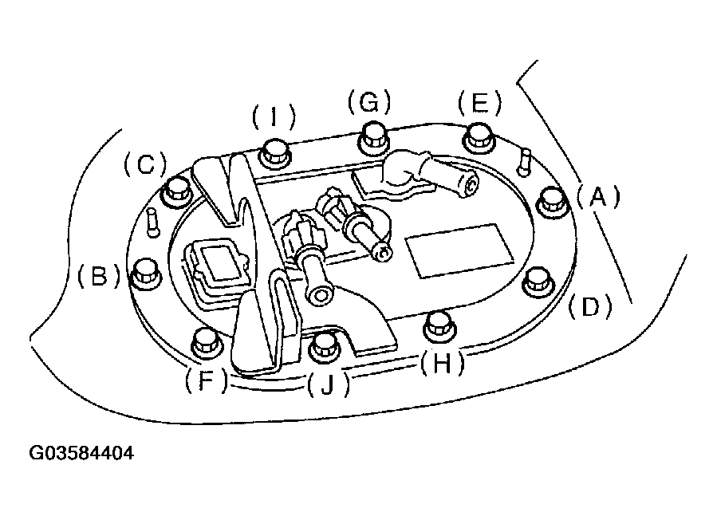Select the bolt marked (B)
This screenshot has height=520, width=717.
click(144, 273)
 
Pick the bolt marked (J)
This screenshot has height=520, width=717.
click(324, 345)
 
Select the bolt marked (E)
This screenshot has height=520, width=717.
click(479, 137)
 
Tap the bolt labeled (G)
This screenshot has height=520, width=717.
click(372, 137)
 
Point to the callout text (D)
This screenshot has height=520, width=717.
click(589, 305)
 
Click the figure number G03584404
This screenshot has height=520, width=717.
click(81, 455)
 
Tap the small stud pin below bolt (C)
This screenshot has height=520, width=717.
click(153, 221)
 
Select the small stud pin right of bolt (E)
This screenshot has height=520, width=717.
click(524, 161)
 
